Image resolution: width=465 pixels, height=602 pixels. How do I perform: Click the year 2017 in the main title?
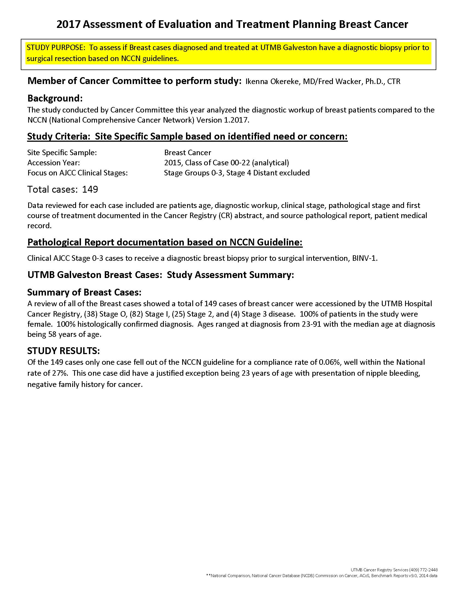click(68, 25)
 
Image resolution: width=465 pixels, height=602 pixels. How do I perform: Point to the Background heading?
click(55, 99)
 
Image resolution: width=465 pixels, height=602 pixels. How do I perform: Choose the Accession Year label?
click(53, 163)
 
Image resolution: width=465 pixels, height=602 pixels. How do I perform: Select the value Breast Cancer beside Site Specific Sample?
click(188, 152)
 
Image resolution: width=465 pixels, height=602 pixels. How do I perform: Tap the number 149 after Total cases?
click(90, 189)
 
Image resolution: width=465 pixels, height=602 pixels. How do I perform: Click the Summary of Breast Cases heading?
click(84, 292)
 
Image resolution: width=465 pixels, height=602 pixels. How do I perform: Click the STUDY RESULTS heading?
click(63, 351)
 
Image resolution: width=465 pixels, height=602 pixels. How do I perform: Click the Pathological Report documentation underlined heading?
click(165, 242)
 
